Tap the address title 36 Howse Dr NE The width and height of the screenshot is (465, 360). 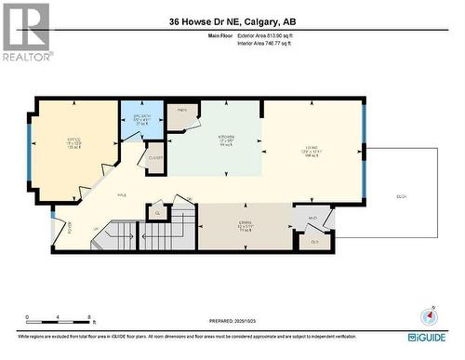click(232, 21)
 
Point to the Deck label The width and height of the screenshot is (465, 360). click(402, 196)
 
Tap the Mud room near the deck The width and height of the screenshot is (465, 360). click(314, 220)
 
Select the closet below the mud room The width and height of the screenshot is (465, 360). click(314, 241)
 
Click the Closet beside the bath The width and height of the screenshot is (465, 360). click(155, 158)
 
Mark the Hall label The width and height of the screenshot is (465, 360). click(121, 195)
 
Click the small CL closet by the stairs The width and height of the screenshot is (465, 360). click(158, 214)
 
